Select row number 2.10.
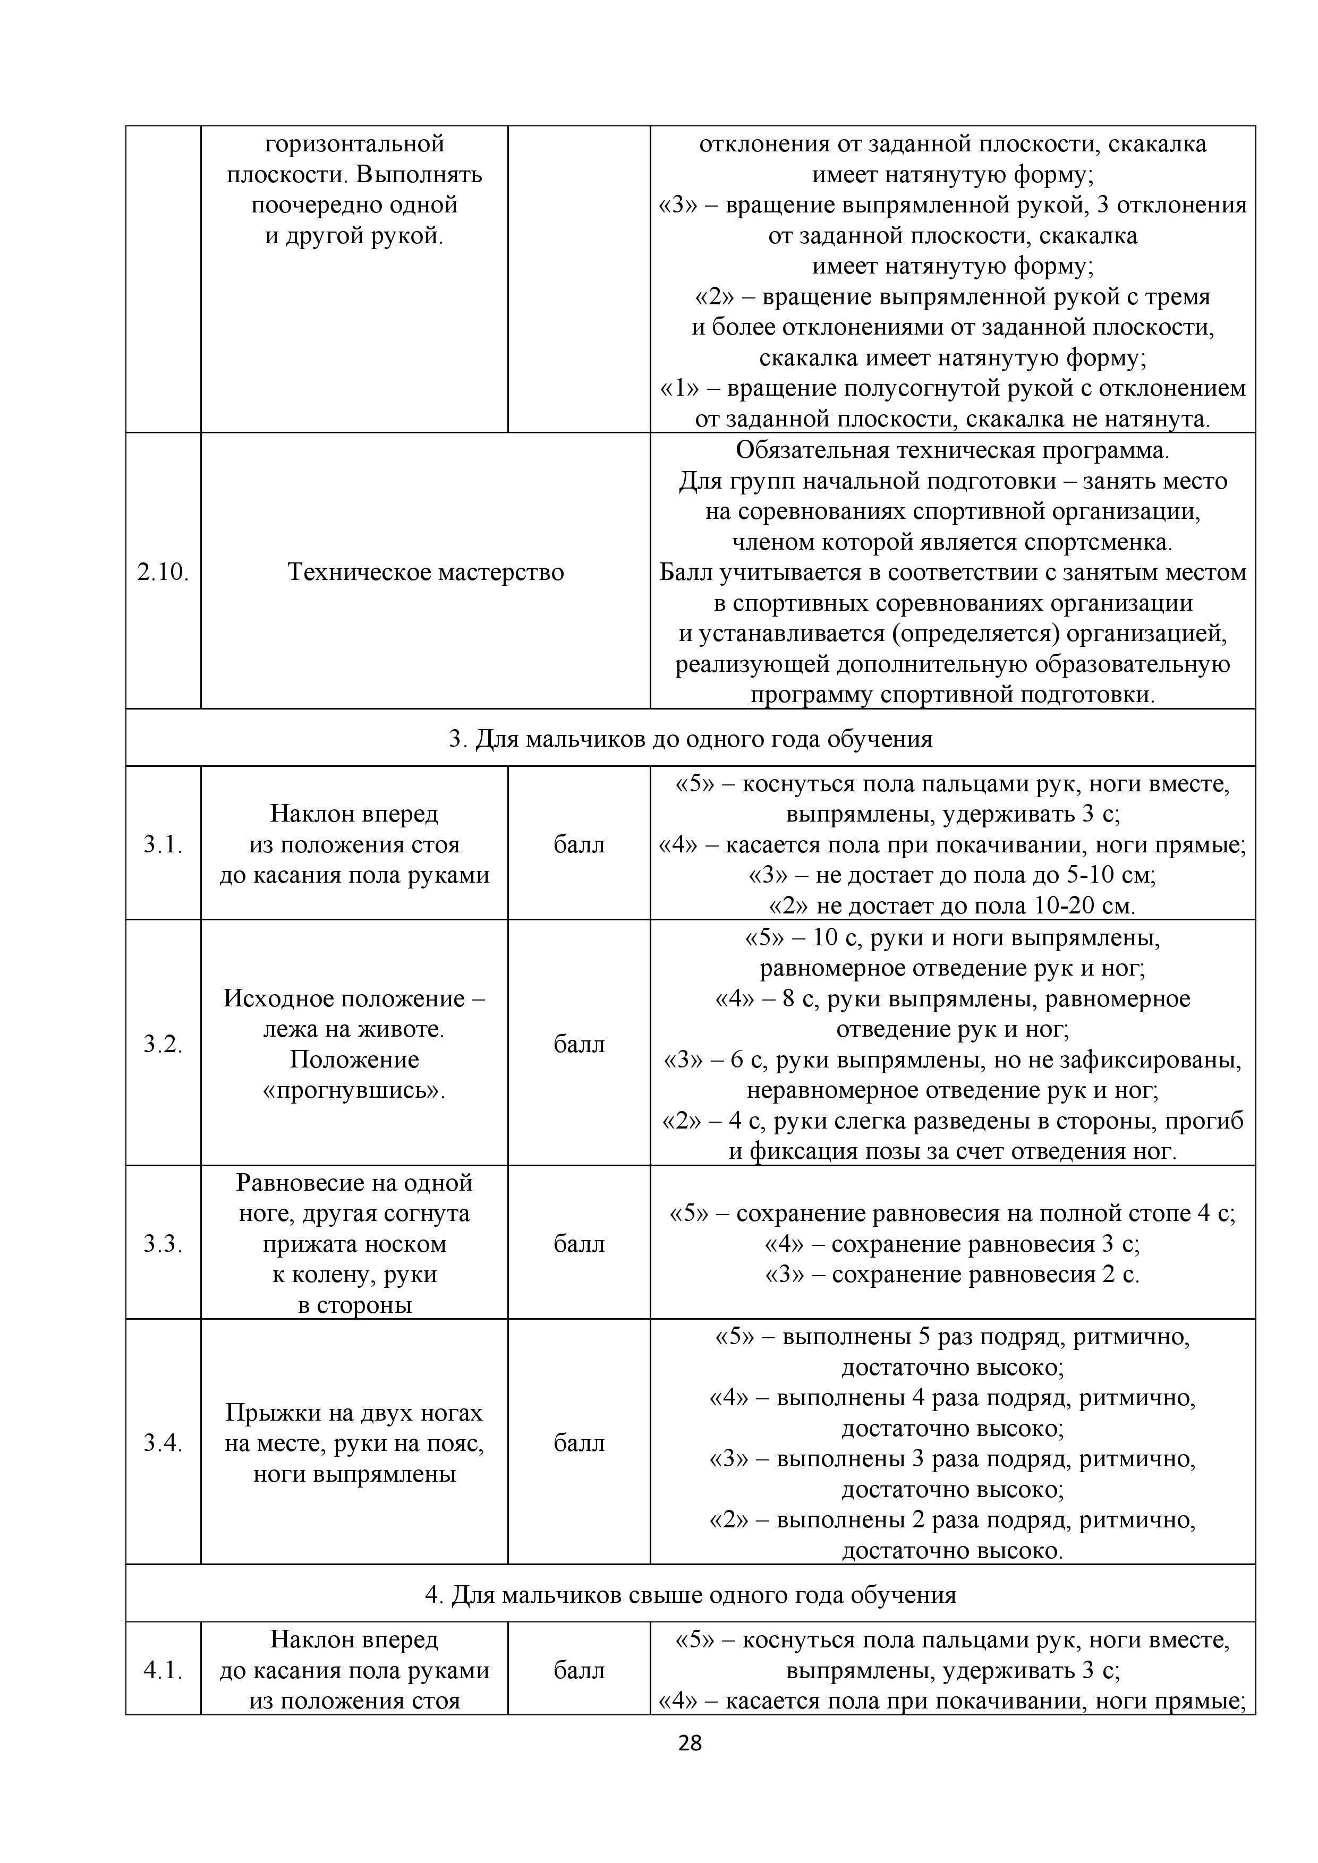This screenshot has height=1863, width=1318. point(163,572)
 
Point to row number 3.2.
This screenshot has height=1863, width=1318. point(163,1044)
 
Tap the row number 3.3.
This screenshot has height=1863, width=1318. point(163,1243)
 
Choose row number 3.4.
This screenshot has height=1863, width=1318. point(163,1443)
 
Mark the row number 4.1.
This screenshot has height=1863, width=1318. point(163,1670)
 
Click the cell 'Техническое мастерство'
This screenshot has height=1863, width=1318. point(426,572)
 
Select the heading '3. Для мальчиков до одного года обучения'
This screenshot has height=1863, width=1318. point(690,738)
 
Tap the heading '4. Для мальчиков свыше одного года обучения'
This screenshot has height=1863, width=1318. point(690,1594)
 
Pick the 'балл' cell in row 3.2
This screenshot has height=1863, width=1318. point(579,1044)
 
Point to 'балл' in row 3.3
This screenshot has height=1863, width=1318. point(579,1243)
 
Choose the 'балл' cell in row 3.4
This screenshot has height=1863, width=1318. point(579,1443)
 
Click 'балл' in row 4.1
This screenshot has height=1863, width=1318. point(579,1670)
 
